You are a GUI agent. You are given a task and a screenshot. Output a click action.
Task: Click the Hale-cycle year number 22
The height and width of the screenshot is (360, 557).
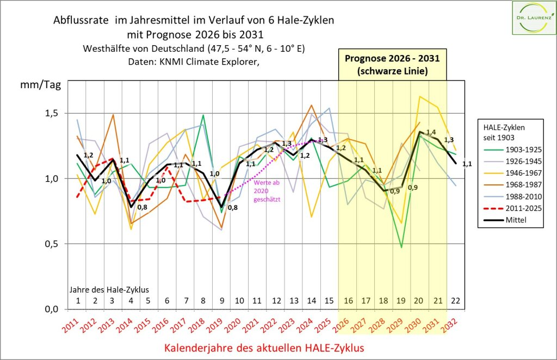click(x=456, y=300)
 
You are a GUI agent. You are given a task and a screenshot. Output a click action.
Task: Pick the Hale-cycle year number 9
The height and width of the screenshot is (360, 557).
click(x=222, y=300)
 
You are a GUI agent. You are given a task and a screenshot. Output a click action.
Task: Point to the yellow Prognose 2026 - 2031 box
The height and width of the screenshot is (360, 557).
click(x=392, y=63)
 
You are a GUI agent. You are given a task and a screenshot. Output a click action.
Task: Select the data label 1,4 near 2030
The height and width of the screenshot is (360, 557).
click(x=431, y=132)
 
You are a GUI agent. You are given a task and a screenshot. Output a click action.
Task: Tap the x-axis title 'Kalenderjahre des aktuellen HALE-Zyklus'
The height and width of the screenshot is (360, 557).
click(x=264, y=347)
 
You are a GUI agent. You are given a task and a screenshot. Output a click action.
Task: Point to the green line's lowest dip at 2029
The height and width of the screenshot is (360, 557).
click(x=402, y=247)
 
